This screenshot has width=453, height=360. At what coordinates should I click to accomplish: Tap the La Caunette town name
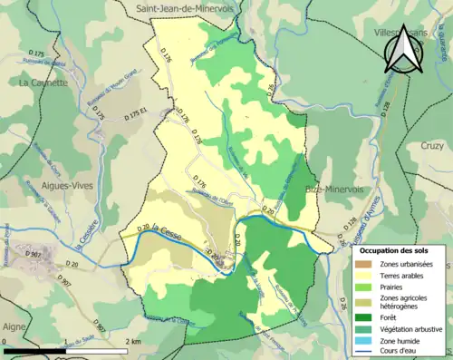[x=43, y=83]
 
